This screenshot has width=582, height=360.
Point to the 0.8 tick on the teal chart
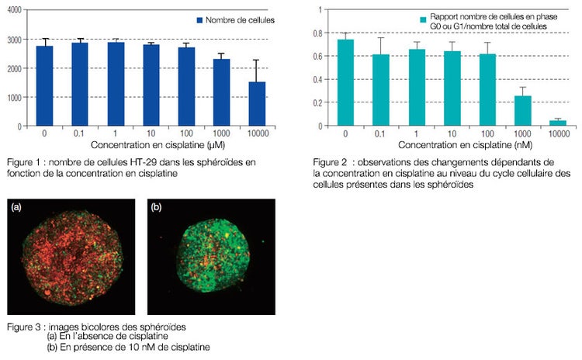coord(317,33)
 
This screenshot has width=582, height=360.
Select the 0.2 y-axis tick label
coord(317,102)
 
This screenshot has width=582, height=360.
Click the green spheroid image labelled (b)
coord(210,257)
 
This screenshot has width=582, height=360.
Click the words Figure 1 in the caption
coord(23,161)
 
